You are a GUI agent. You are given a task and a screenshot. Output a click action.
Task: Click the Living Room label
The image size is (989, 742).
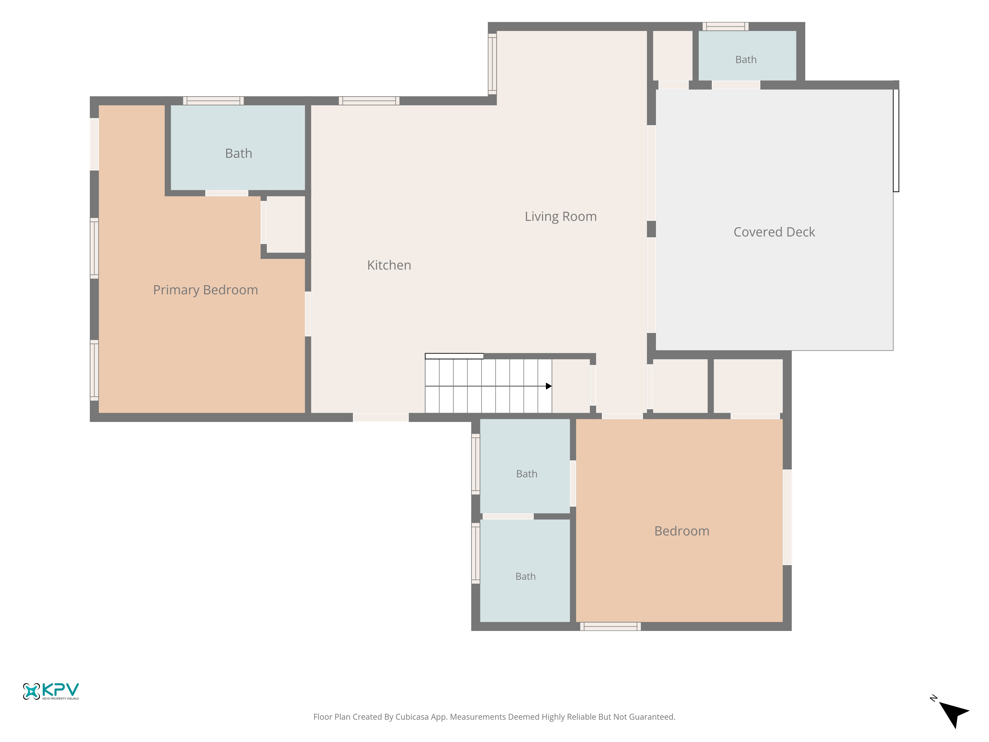tap(561, 216)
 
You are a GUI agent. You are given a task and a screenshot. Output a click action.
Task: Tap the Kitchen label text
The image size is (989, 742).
tap(389, 265)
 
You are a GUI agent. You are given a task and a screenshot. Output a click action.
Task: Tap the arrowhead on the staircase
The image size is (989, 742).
tap(549, 386)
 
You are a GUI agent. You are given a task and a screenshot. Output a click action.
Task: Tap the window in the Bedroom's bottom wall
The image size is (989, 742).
tap(610, 626)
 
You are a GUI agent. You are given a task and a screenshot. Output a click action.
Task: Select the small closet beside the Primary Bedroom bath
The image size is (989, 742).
tap(286, 225)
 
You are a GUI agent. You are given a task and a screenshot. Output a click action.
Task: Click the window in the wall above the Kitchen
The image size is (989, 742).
tap(369, 101)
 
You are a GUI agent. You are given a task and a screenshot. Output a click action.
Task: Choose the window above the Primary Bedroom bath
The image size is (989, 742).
tap(213, 101)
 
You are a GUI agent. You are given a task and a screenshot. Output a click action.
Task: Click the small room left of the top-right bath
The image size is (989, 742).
tap(673, 55)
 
